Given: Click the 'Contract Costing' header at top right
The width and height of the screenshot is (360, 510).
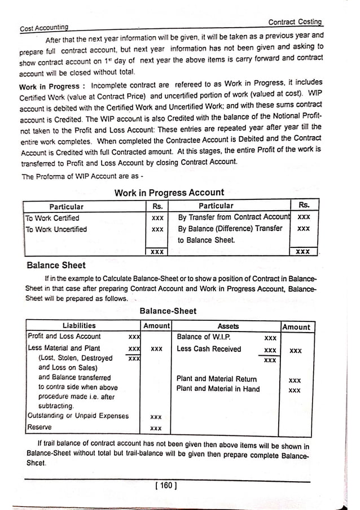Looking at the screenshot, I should point(295,22).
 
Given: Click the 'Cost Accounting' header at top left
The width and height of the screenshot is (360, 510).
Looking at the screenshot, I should point(44,27).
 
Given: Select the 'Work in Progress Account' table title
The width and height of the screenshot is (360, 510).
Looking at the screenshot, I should point(169,193).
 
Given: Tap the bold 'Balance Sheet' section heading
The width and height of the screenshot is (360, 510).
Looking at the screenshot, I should point(56,265).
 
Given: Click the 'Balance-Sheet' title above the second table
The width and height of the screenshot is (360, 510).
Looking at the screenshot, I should point(168,311).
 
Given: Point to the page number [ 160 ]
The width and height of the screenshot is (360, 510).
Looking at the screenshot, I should point(165,485).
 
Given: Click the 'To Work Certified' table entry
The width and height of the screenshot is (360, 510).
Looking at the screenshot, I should point(52,218).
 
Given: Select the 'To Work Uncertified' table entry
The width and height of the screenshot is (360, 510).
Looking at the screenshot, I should point(56,229).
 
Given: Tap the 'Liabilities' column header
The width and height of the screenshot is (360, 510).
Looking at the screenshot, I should point(79,326).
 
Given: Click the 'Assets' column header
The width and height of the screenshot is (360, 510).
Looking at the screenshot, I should point(228,326).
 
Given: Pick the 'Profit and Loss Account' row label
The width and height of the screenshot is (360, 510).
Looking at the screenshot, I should point(64,337).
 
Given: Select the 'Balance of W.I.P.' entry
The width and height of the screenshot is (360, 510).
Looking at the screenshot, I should point(203,337).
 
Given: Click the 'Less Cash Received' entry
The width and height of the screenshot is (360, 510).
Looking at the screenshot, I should point(209,349).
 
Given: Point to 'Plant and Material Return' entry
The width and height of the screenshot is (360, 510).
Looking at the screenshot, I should point(217,379).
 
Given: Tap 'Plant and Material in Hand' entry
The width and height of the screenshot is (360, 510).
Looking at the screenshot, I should point(218,389).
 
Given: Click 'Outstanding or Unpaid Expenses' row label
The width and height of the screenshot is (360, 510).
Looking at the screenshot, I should point(78,416).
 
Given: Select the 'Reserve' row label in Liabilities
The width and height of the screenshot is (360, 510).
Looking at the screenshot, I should point(39,428).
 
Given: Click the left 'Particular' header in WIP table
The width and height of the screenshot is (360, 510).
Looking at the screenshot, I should point(66,206).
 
